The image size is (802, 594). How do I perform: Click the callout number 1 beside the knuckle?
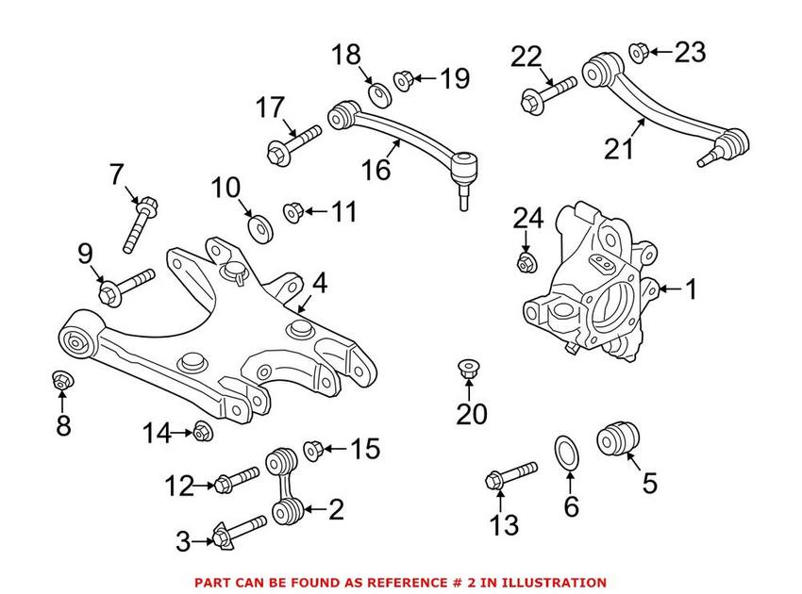[x=691, y=289]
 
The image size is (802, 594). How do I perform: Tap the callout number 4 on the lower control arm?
[x=320, y=283]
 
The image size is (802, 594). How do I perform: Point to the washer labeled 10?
[x=255, y=227]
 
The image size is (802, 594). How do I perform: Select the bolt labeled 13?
[x=510, y=474]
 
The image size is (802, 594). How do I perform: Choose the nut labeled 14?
[x=201, y=433]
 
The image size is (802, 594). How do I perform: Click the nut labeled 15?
[x=313, y=448]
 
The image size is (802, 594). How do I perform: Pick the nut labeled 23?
[x=639, y=52]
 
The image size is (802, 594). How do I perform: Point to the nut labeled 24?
[x=526, y=261]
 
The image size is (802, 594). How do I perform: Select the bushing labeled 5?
[x=620, y=440]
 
